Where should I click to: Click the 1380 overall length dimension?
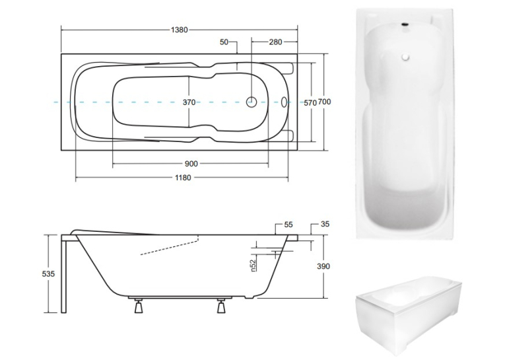point(179,30)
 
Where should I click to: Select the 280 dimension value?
point(275,42)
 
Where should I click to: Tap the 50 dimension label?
point(224,42)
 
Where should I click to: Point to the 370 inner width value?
point(189,102)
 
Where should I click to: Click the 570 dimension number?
point(310,103)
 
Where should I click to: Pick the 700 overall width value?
point(324,102)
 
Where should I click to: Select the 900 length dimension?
point(191,164)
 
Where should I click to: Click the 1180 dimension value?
point(183,178)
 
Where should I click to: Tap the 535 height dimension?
point(48,274)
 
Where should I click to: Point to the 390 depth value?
point(323,266)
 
